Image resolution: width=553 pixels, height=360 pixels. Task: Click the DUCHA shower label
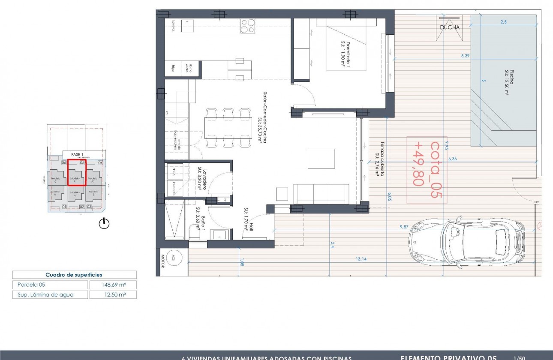click(449, 27)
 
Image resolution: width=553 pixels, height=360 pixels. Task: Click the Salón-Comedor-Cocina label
click(263, 117)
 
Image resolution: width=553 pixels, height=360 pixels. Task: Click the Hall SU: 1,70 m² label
click(249, 219)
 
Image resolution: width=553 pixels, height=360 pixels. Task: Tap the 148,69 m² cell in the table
click(113, 285)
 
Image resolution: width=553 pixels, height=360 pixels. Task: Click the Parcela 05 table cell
click(50, 285)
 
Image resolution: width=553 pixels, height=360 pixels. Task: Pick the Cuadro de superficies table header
click(74, 275)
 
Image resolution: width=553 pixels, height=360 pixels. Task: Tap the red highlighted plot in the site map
click(77, 172)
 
